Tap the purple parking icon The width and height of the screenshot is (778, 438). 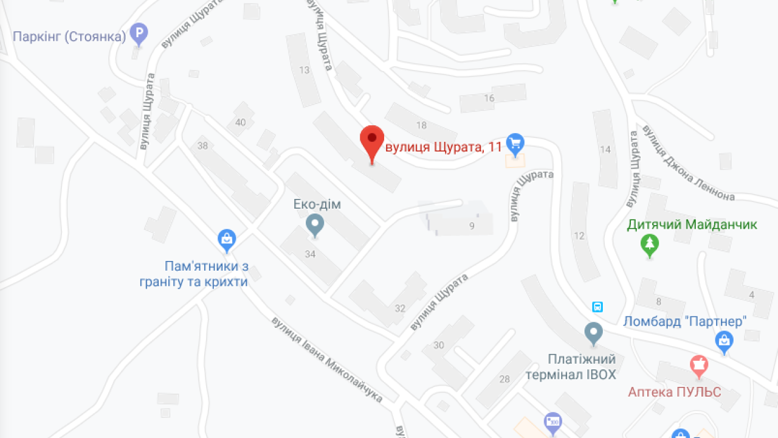[x=140, y=34]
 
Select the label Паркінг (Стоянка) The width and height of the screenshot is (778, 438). [x=69, y=36]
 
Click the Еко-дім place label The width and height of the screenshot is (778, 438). [x=317, y=204]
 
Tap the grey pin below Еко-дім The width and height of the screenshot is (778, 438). [x=315, y=225]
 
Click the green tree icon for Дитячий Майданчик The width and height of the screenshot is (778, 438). [x=650, y=245]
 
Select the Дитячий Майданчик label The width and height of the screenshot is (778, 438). [x=692, y=224]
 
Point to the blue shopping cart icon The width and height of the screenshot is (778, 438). [x=515, y=144]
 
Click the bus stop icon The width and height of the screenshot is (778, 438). [x=597, y=307]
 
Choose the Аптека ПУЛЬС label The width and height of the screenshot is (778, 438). [x=675, y=392]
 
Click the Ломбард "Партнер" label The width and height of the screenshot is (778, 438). [x=684, y=321]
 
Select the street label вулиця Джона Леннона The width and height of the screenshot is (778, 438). [x=689, y=162]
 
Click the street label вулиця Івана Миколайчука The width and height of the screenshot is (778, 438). [x=327, y=359]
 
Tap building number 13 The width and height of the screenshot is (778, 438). [x=305, y=70]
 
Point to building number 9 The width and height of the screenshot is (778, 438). [x=472, y=226]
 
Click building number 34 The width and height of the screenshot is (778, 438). [x=311, y=254]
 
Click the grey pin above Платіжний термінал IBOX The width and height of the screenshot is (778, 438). [x=593, y=333]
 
